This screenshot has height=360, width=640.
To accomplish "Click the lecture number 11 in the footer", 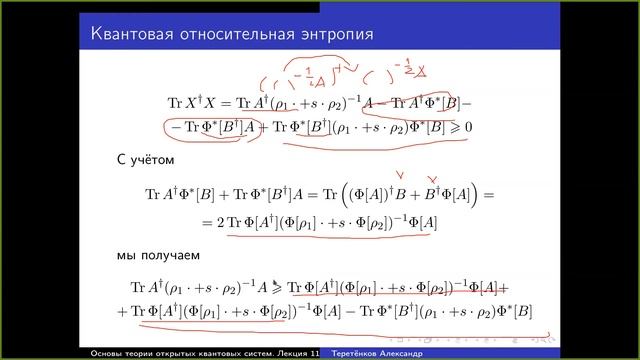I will [315, 353].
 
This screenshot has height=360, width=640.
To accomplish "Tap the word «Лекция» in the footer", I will [287, 353].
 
